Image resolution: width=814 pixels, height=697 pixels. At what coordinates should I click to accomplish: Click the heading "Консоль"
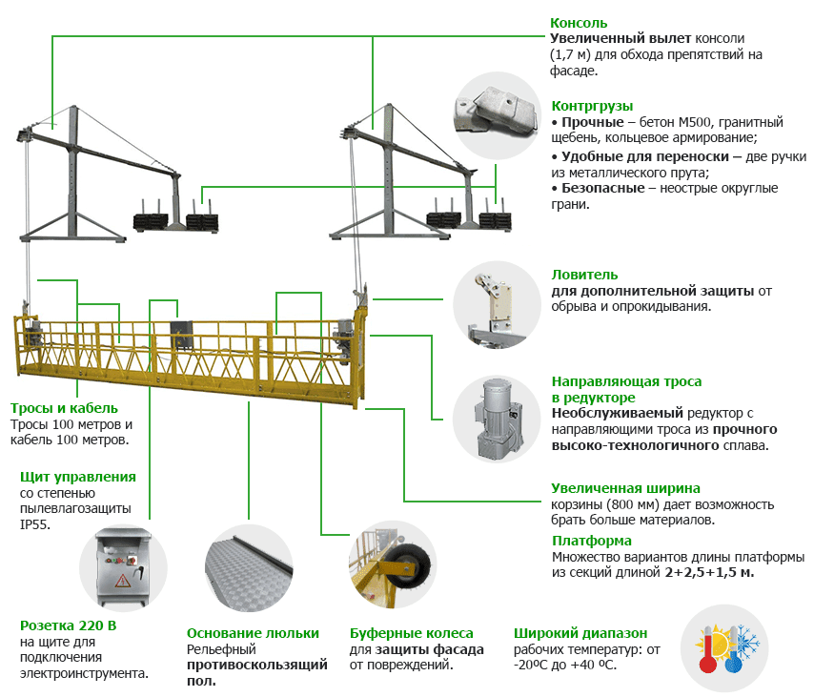click(x=579, y=23)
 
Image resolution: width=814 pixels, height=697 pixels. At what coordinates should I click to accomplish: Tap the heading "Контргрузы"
click(x=592, y=106)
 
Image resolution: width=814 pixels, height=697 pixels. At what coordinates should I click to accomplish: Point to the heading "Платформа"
click(x=591, y=540)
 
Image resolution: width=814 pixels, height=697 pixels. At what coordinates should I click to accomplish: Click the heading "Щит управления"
click(x=78, y=476)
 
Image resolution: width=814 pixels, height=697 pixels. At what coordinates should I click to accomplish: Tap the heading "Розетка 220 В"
click(x=69, y=625)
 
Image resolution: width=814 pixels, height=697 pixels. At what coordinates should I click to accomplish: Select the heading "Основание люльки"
click(x=253, y=632)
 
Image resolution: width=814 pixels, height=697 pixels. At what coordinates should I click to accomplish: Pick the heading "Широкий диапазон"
click(x=580, y=632)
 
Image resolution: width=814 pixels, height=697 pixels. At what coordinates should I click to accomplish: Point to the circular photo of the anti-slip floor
click(x=249, y=568)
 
